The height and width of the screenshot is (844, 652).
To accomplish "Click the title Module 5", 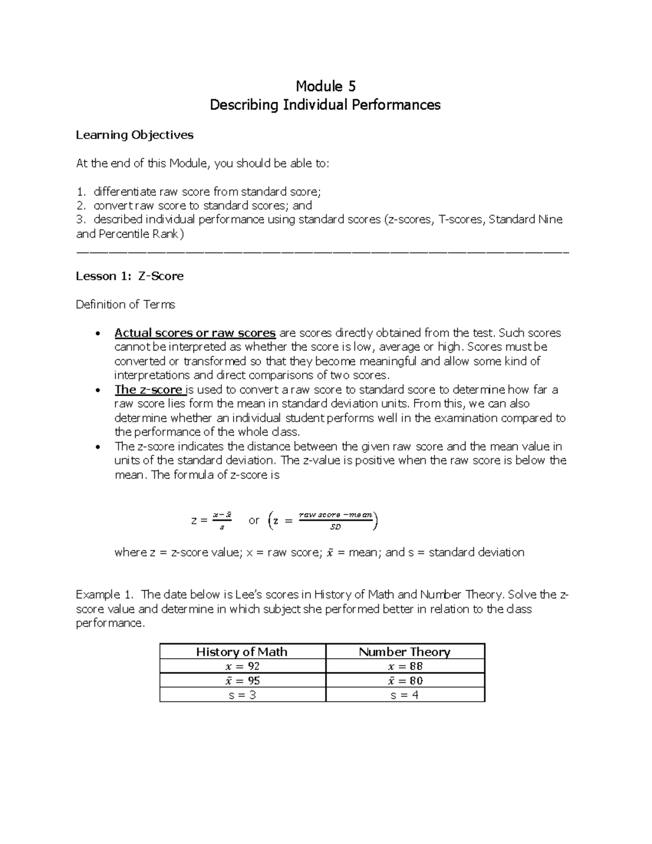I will (325, 86).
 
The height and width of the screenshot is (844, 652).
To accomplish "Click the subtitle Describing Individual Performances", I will (325, 105).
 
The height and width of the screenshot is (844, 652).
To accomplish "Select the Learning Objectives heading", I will (134, 135).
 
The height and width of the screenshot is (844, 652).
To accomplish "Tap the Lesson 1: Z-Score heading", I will (129, 276).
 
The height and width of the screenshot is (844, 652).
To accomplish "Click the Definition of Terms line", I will (125, 304).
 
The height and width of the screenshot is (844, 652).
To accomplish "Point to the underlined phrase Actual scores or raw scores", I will (195, 333).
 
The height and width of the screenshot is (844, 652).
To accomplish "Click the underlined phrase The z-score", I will (148, 390).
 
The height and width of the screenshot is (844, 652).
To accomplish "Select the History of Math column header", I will (242, 652).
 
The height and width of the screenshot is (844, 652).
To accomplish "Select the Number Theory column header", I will (404, 652).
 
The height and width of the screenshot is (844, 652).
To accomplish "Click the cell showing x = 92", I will (242, 666).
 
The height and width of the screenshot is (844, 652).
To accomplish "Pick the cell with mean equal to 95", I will (242, 680).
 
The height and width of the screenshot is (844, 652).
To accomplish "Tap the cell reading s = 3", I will (242, 695).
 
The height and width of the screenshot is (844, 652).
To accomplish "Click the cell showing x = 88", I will (405, 666).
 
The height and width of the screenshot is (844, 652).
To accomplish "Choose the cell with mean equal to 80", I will (405, 680).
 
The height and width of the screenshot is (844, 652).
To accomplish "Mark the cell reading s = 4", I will (405, 695).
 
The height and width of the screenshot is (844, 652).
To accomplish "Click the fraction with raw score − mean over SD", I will (336, 520).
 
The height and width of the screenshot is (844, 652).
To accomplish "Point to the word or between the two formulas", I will (254, 520).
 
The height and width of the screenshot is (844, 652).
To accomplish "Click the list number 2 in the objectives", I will (81, 205).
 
